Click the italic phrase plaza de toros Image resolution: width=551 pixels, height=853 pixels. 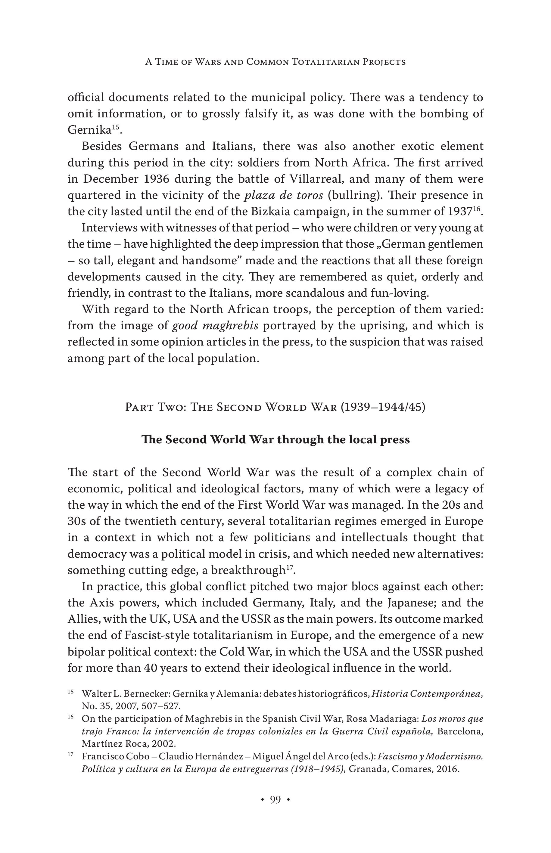284,195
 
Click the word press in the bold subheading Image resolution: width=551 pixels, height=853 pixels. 395,439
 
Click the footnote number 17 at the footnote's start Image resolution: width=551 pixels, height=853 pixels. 70,754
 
